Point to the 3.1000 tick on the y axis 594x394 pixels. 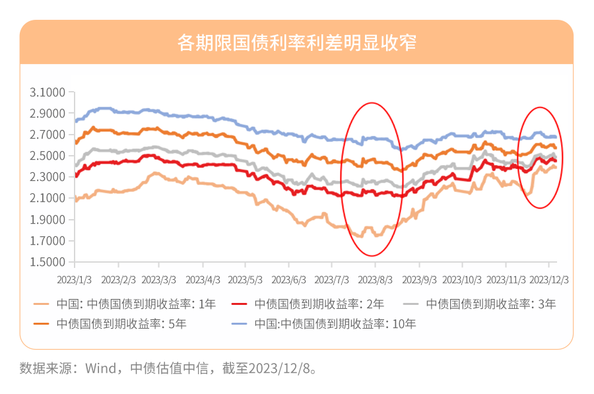click(48, 92)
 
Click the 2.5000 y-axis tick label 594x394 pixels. click(48, 156)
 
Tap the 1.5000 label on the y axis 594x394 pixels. click(48, 262)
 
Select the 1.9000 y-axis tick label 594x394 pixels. click(48, 220)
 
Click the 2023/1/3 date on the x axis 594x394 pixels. click(75, 280)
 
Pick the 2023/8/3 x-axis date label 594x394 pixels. click(376, 280)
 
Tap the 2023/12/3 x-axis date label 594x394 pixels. click(550, 280)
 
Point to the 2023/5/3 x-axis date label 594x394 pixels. click(246, 280)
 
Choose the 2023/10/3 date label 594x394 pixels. click(463, 280)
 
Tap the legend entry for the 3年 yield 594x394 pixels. click(491, 304)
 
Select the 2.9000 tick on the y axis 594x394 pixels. click(48, 114)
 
